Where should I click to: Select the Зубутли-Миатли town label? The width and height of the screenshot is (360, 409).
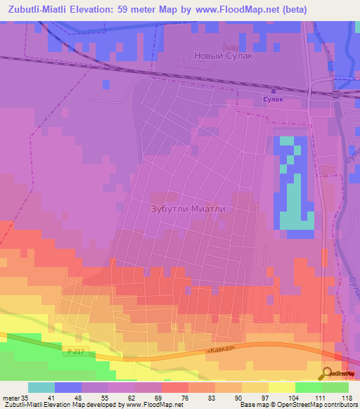point(191,209)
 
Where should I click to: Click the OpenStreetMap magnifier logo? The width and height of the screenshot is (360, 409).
point(327,372)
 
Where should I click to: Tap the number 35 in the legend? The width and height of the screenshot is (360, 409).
point(24,398)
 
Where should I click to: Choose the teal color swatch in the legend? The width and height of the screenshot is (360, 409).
point(41,387)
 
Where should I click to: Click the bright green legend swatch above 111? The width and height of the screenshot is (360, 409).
point(309,387)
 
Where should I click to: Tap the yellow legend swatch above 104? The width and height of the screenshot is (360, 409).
point(282,387)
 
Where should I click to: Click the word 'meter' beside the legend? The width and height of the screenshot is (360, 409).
point(11,398)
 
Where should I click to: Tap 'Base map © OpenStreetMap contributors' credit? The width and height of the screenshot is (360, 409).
point(297,405)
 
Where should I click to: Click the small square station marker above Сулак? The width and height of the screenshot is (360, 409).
point(273,90)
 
